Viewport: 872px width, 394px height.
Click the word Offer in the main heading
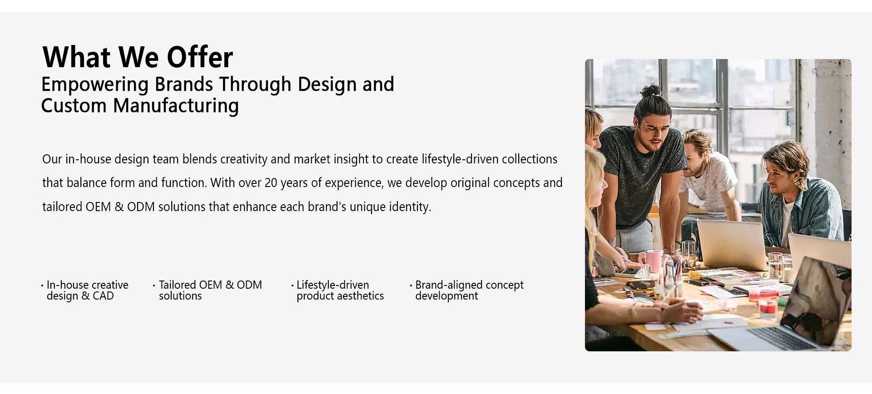[200, 57]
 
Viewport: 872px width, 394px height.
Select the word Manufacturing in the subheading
[176, 106]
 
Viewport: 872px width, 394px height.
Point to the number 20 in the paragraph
[271, 183]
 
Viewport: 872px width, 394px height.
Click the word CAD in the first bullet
[103, 296]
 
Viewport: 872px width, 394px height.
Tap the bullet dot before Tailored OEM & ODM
[154, 286]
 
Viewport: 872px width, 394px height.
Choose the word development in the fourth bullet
[446, 296]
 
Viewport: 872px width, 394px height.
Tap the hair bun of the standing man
[653, 90]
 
